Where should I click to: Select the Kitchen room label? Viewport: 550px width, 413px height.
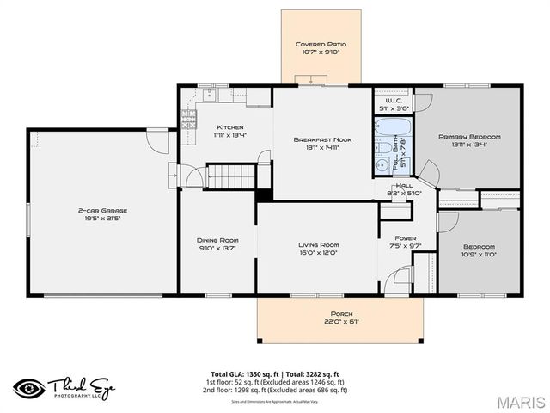coord(229,126)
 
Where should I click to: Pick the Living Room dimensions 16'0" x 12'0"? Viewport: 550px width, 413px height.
coord(319,253)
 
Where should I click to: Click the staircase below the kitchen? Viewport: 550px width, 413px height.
coord(233,177)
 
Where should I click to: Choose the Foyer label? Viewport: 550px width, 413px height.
coord(405,237)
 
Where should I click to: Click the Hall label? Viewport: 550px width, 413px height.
coord(404,185)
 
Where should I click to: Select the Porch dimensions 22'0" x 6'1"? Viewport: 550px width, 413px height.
coord(341,322)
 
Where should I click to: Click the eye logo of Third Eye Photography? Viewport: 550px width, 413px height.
coord(28,385)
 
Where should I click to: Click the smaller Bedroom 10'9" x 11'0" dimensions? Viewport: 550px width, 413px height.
coord(480,255)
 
